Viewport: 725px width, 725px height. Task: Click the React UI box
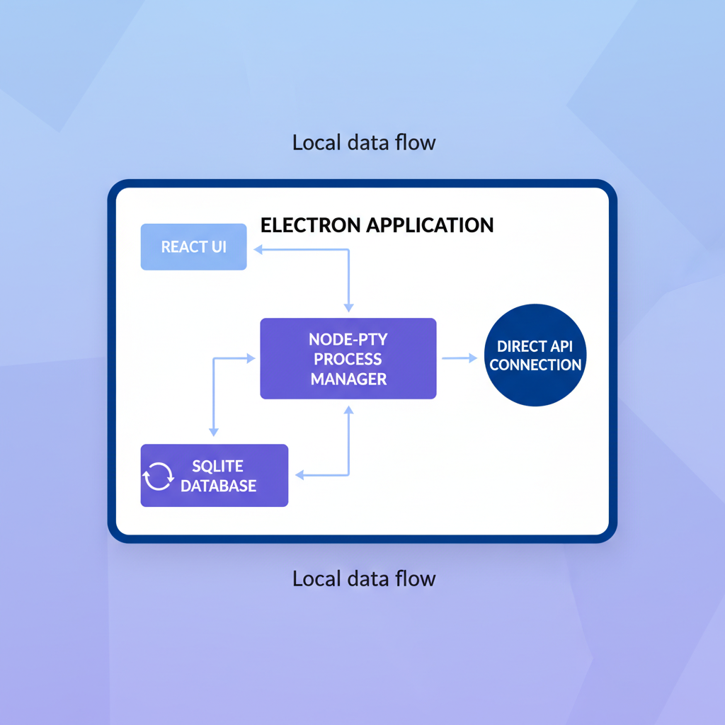193,247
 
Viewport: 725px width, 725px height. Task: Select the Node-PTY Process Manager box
348,359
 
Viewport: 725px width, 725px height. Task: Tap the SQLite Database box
215,476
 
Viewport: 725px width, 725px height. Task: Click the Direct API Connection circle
535,355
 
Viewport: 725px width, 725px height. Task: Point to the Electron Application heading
377,225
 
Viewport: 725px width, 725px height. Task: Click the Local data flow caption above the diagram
364,142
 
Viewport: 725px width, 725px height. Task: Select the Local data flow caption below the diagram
364,578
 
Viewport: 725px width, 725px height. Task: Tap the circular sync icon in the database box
158,476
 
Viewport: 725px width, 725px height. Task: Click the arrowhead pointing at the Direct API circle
472,358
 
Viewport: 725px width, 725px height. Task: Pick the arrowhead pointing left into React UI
258,249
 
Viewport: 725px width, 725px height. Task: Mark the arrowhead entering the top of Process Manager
348,307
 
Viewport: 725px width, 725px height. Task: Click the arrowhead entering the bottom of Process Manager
348,410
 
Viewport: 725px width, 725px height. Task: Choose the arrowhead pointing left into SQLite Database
299,475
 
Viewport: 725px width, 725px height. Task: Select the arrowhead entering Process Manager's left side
250,359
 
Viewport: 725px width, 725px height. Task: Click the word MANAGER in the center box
348,379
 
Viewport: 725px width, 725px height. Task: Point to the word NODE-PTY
348,339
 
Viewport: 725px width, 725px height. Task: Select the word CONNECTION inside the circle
535,365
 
